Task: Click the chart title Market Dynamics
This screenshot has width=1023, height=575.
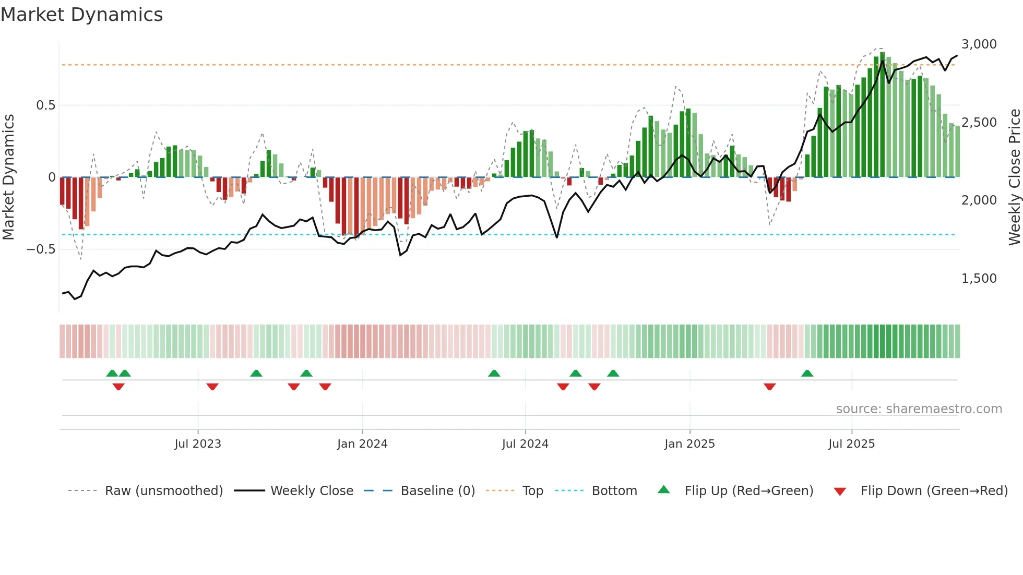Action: coord(82,15)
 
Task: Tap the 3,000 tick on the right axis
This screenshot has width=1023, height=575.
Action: coord(979,44)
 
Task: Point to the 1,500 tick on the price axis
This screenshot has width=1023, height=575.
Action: coord(979,279)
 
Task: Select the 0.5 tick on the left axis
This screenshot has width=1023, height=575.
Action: coord(45,105)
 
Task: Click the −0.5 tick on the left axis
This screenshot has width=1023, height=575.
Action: coord(41,249)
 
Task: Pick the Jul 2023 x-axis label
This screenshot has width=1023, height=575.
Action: coord(198,444)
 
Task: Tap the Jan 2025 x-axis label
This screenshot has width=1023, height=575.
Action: coord(689,444)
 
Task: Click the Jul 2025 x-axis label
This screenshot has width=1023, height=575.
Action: coord(851,444)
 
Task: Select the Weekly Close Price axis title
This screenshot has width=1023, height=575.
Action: coord(1014,177)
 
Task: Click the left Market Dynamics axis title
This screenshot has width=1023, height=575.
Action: coord(8,177)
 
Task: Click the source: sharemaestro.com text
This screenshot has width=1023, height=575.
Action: coord(919,409)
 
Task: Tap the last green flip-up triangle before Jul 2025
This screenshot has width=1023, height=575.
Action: coord(807,374)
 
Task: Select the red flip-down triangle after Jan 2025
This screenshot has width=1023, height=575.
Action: coord(769,387)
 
